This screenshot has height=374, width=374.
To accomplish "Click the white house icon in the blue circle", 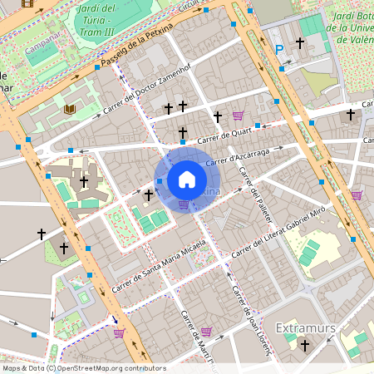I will tap(187, 180).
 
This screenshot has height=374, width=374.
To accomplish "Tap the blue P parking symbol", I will tap(279, 50).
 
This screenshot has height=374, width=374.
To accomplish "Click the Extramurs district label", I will tap(305, 327).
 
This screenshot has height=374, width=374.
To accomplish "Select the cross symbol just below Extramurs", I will tap(305, 344).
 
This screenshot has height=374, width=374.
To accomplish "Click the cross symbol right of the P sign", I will tap(300, 42).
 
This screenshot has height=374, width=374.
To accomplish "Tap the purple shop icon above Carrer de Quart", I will tap(238, 116).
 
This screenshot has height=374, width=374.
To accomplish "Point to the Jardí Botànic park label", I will tap(350, 26).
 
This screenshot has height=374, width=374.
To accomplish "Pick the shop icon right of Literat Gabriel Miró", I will tap(357, 194).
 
